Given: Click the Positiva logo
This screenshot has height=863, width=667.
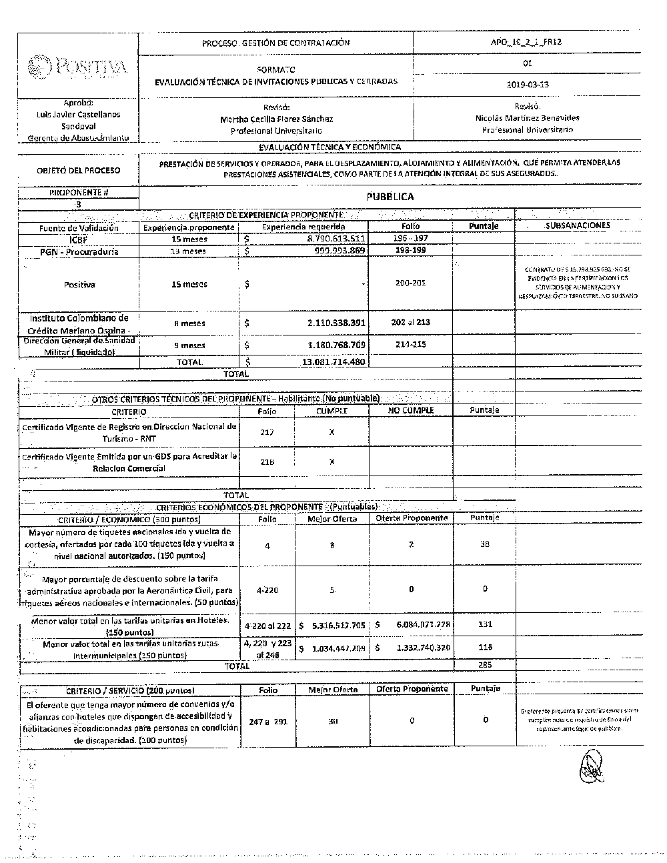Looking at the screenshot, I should click(x=77, y=67).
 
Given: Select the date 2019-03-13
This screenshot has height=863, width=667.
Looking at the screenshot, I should click(x=529, y=85).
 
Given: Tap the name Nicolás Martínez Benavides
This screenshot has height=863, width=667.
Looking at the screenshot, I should click(x=528, y=117).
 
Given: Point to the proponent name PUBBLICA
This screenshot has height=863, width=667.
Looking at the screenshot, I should click(x=390, y=197).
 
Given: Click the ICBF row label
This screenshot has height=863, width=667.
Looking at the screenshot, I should click(x=78, y=239).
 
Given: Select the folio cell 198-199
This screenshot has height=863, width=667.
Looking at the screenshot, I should click(x=411, y=250).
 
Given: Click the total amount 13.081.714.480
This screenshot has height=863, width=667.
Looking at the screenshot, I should click(x=333, y=361).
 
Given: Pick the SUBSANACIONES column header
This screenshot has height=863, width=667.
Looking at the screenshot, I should click(x=578, y=225).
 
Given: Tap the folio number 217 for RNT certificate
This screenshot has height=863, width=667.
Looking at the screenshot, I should click(x=267, y=432).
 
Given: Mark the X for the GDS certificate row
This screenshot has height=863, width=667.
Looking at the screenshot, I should click(x=331, y=462).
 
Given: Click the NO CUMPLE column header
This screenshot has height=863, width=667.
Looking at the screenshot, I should click(x=411, y=410).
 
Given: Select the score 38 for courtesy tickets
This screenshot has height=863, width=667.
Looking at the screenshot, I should click(x=485, y=544).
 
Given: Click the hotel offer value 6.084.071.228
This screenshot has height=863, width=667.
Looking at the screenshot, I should click(x=418, y=625).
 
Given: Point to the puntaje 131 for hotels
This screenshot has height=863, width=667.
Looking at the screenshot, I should click(x=485, y=624).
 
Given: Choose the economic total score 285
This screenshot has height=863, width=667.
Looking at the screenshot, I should click(x=485, y=665).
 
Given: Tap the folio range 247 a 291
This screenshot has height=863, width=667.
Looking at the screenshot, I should click(x=267, y=722).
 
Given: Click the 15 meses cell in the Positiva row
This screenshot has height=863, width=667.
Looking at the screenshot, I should click(x=189, y=284).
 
